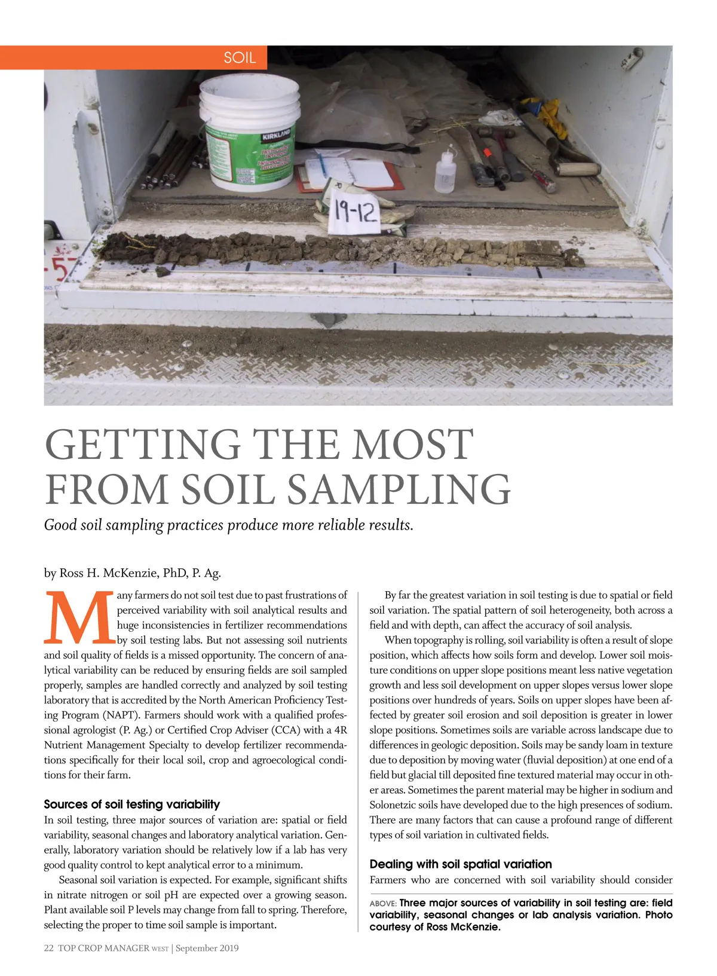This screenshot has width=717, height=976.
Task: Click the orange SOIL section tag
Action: [x=239, y=57]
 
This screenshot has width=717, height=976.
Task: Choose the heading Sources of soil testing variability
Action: [x=132, y=804]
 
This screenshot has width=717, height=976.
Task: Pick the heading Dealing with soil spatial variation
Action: [x=461, y=864]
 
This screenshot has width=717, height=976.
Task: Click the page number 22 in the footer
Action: [x=49, y=948]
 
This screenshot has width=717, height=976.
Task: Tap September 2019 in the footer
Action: [x=207, y=948]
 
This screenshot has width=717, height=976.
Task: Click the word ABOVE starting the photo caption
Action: [x=382, y=903]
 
